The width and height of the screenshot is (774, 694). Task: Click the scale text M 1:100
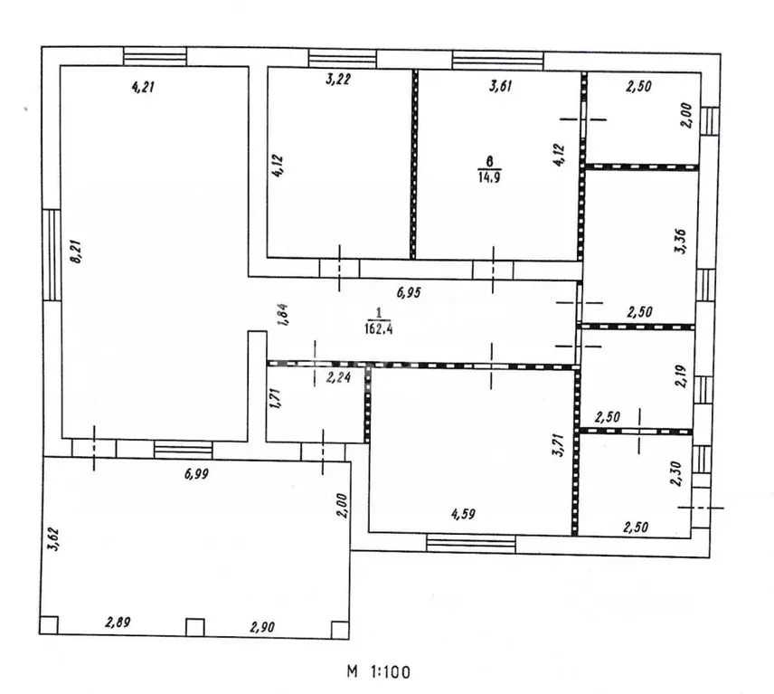[379, 671]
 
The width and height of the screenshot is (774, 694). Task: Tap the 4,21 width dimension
[143, 88]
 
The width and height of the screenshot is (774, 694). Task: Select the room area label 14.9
[489, 176]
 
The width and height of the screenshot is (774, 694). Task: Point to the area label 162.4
[379, 328]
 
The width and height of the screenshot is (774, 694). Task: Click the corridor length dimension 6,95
[409, 292]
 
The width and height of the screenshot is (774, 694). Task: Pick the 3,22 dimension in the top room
[338, 79]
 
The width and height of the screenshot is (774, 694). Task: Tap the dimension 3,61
[501, 85]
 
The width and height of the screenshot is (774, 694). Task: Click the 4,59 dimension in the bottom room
[463, 514]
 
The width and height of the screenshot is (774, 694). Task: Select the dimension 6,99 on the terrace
[196, 474]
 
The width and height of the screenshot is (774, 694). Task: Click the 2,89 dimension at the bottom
[118, 623]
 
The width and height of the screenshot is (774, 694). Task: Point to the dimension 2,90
[262, 627]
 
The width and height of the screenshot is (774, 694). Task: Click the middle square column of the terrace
[195, 627]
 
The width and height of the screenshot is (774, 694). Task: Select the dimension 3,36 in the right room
[680, 241]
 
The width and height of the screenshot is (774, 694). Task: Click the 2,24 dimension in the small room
[338, 377]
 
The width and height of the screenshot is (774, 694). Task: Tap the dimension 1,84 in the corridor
[283, 315]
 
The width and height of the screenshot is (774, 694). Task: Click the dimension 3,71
[558, 444]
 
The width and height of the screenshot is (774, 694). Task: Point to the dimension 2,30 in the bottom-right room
[676, 474]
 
